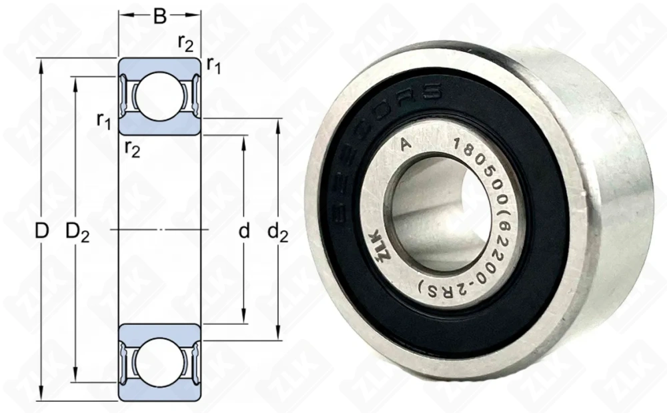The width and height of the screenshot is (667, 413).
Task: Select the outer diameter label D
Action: click(x=42, y=232)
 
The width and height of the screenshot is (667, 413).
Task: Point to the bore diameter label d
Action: click(x=244, y=232)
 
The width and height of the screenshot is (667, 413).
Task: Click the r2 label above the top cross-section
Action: click(x=186, y=42)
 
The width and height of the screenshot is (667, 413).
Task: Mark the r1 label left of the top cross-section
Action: click(x=104, y=120)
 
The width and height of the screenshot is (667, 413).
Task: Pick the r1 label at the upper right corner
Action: click(x=214, y=65)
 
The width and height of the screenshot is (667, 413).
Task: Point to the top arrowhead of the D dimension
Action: click(x=42, y=64)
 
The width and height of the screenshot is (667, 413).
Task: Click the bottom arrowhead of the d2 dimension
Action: click(x=277, y=336)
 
